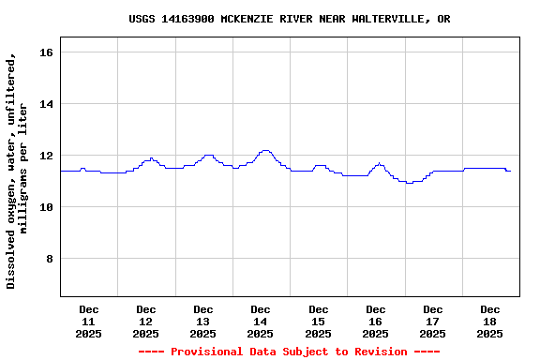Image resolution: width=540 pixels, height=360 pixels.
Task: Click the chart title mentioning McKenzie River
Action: (x=289, y=19)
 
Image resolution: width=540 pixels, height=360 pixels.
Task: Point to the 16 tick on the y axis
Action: (x=46, y=52)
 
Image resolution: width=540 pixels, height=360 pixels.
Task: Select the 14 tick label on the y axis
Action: (x=46, y=104)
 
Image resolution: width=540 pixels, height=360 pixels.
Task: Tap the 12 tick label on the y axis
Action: (x=46, y=156)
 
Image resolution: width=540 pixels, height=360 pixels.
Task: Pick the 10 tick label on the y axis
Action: (x=46, y=207)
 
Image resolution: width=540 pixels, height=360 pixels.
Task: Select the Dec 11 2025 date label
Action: (x=89, y=321)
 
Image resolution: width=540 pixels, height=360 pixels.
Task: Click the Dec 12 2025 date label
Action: (x=146, y=321)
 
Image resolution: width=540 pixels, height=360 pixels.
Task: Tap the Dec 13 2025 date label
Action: (x=203, y=321)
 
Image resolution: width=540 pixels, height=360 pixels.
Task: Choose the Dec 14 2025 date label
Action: (x=261, y=321)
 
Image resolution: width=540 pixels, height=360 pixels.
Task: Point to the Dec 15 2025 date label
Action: (x=319, y=321)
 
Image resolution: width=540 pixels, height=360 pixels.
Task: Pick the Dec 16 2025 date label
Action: (x=376, y=321)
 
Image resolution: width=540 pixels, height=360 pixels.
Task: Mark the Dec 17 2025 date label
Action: (x=433, y=321)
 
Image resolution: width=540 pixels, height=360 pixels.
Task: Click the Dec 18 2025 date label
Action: (x=490, y=321)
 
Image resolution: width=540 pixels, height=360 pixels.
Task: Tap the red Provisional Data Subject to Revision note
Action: (x=289, y=352)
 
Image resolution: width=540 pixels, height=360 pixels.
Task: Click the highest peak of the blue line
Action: (x=265, y=150)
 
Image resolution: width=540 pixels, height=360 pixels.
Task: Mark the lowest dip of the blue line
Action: (x=410, y=183)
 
